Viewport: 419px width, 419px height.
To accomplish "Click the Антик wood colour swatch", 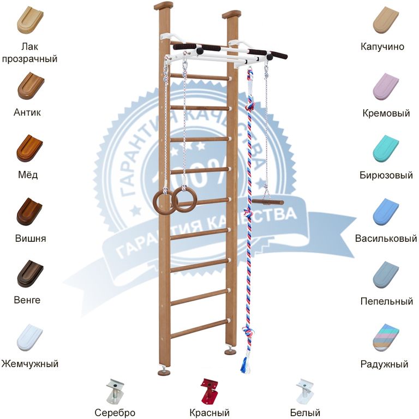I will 31,86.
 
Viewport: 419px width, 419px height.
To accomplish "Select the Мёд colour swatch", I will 29,148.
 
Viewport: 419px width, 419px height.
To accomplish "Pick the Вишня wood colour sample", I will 29,212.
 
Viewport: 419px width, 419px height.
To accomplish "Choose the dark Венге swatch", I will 29,274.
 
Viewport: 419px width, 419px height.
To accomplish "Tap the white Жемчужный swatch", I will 29,337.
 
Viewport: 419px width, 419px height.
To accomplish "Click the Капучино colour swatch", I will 386,20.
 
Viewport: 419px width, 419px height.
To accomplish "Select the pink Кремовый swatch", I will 386,86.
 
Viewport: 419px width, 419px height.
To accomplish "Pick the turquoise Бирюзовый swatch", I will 386,148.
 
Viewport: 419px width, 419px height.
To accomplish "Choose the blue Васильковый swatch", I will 386,212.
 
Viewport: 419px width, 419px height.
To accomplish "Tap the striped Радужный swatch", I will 386,337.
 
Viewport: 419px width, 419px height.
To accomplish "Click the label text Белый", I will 305,413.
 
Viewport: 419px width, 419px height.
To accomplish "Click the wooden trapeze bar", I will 267,202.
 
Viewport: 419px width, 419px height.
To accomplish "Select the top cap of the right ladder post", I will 231,14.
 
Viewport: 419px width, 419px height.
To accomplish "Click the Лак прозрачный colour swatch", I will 31,20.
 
